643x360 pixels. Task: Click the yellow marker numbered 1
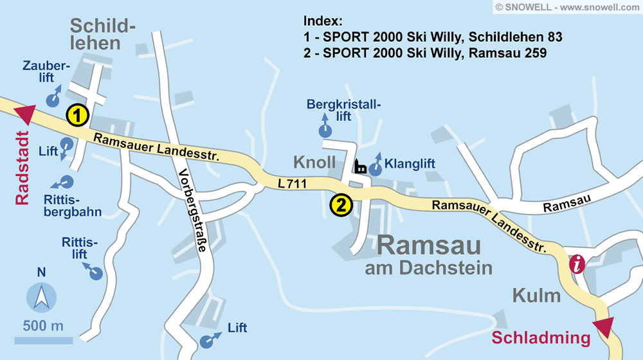point(77,116)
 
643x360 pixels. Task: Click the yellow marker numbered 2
point(341,206)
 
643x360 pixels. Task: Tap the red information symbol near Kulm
point(578,264)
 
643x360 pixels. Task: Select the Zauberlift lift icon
point(53,99)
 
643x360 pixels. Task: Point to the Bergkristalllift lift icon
point(325,131)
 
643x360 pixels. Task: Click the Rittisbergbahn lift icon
point(66,183)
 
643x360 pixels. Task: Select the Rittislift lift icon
point(96,273)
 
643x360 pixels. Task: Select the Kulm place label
point(536,296)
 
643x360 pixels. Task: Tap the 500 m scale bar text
point(43,325)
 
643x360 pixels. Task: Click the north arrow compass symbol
point(41,297)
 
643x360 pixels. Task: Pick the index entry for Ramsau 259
point(425,53)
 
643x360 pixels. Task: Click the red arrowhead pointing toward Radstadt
point(25,114)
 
